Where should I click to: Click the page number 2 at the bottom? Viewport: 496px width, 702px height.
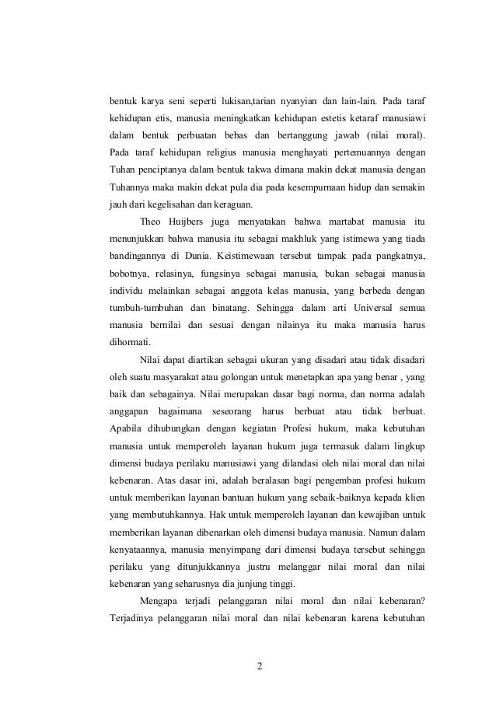(x=260, y=665)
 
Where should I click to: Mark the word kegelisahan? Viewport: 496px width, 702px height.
(x=165, y=205)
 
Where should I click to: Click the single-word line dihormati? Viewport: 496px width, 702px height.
(x=131, y=342)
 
